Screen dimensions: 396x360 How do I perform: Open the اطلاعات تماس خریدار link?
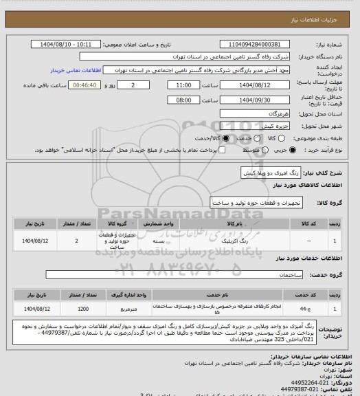point(76,71)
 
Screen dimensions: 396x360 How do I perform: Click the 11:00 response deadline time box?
point(183,85)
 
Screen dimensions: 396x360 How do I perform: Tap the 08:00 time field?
point(183,99)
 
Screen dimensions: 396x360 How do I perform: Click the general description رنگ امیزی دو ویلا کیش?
point(259,173)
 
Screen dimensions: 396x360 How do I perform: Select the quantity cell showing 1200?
point(83,309)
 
